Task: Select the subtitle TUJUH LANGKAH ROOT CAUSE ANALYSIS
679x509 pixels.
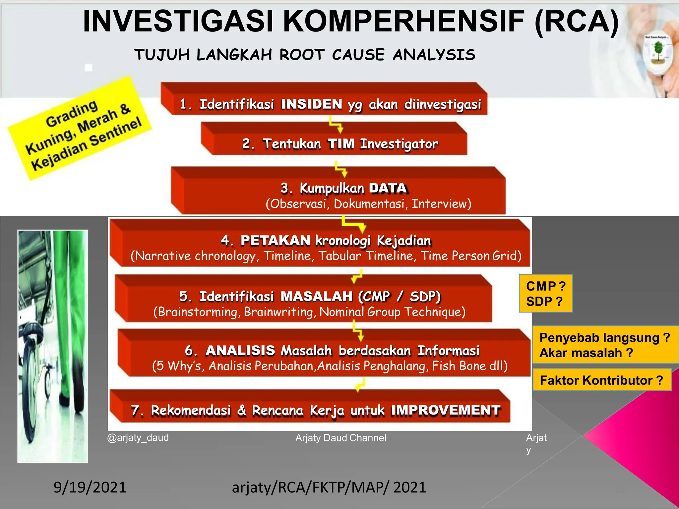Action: [305, 55]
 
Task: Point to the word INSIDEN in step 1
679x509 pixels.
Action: [311, 104]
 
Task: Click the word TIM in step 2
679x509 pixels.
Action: [341, 144]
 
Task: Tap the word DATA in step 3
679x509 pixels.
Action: [388, 188]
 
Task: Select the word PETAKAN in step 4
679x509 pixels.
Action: [275, 241]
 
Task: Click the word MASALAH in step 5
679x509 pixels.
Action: [316, 296]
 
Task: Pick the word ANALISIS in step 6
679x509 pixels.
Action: [240, 351]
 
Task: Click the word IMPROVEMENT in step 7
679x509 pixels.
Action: [445, 410]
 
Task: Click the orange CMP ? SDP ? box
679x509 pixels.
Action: [545, 294]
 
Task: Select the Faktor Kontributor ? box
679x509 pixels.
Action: [601, 380]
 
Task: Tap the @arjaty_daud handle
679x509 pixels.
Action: [138, 437]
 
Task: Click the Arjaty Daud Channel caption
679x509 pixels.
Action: [340, 438]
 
